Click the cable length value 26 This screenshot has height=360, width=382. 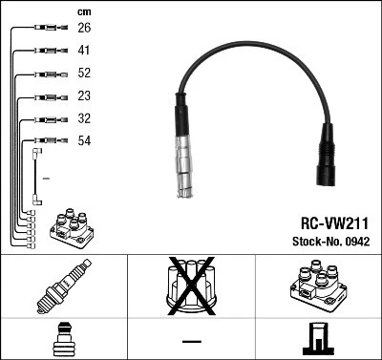point(83,28)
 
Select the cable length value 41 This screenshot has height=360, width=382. point(83,50)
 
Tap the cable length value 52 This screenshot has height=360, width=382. point(83,73)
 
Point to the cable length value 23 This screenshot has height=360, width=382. point(83,95)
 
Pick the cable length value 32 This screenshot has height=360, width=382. point(83,118)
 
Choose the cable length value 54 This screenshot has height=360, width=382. point(83,141)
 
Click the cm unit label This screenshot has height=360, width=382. point(82,11)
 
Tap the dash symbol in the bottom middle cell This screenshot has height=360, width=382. point(191,341)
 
